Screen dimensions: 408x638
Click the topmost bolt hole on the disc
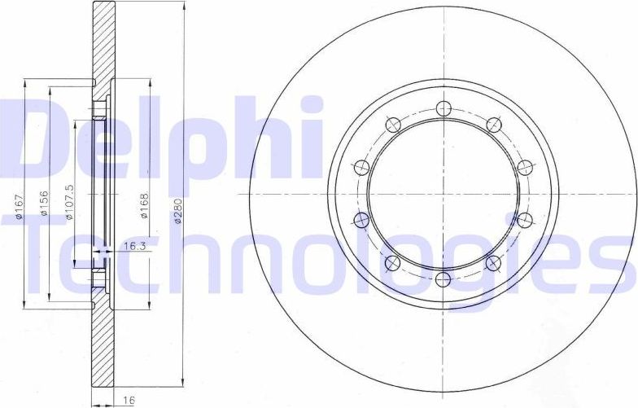[x=443, y=107]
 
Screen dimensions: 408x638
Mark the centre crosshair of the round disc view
[x=443, y=194]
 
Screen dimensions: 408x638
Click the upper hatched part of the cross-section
[x=103, y=41]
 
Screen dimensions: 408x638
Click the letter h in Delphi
[x=260, y=138]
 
